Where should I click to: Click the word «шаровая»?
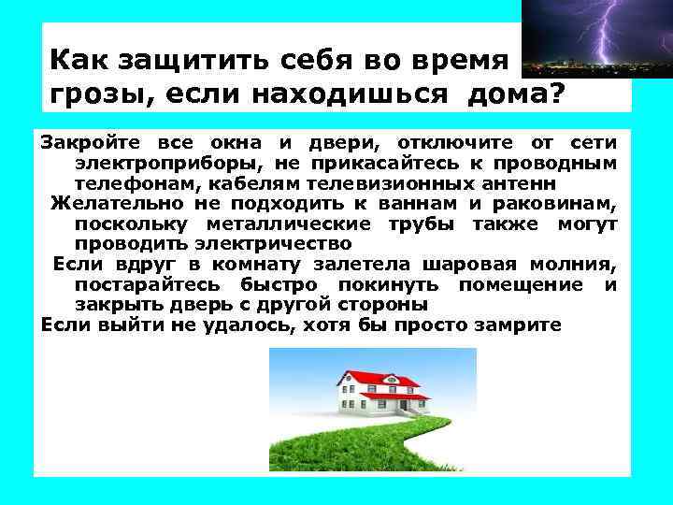click(448, 265)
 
